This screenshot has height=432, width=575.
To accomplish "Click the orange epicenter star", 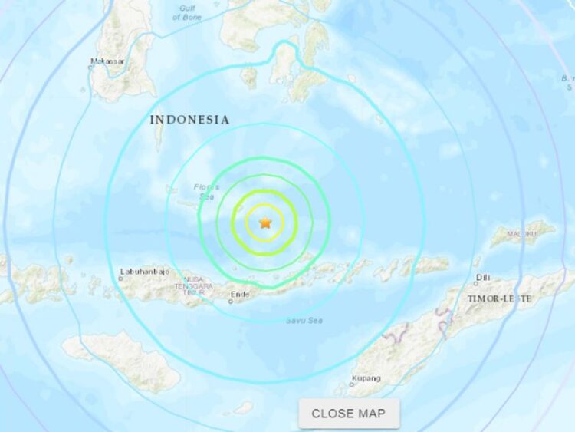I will [x=265, y=223].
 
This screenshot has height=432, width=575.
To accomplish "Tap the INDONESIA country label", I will [x=189, y=120].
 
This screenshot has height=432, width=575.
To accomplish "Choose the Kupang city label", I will [x=366, y=378].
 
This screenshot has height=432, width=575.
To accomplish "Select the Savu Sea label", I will [x=301, y=320].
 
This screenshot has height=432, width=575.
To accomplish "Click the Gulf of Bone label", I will [x=189, y=12].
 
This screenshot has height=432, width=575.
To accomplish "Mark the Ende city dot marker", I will [x=230, y=302].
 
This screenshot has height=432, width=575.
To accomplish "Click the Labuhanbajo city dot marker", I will [x=120, y=279].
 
